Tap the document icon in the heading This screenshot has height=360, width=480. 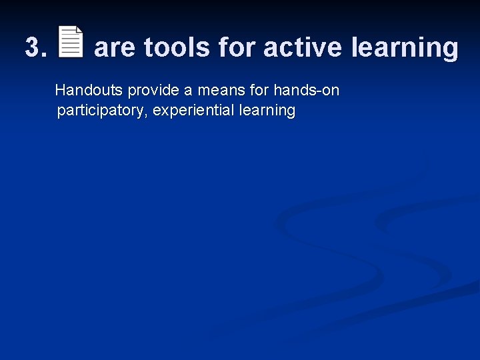pos(71,42)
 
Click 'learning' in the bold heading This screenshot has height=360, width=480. pos(405,49)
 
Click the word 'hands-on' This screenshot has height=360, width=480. pos(306,90)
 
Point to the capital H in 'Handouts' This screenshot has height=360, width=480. pos(60,90)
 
